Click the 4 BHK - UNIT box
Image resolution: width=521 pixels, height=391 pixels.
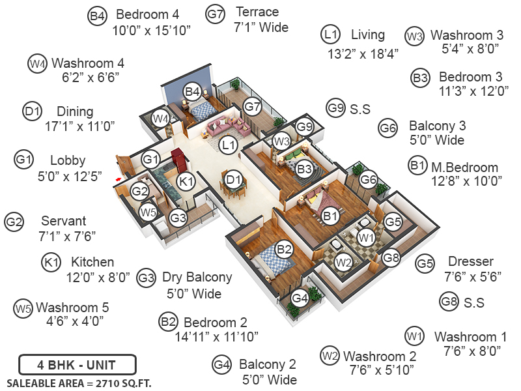click(x=77, y=364)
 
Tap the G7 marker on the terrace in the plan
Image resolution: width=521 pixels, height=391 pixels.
click(x=252, y=106)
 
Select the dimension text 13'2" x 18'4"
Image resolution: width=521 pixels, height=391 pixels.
click(x=363, y=54)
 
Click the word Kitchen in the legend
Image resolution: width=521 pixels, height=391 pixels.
click(x=92, y=262)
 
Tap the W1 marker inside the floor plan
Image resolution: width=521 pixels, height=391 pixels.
click(x=365, y=238)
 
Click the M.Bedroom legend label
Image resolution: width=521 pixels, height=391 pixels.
click(x=464, y=167)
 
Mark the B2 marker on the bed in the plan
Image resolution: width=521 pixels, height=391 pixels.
click(x=284, y=248)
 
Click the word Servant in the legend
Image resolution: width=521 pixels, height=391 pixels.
click(x=63, y=221)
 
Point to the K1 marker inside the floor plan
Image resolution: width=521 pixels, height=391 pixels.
click(x=186, y=182)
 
